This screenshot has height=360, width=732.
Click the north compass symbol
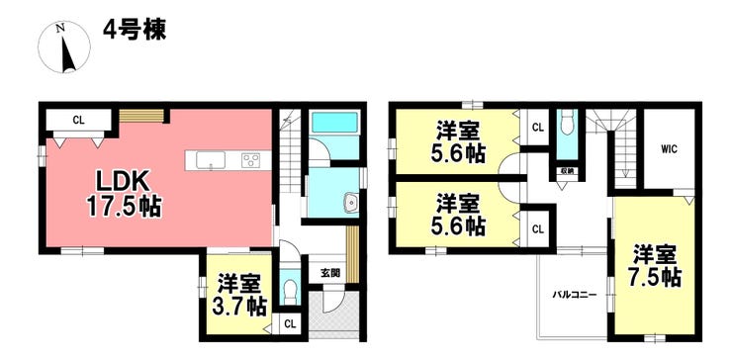point(64,47)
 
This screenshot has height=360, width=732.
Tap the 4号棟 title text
point(135,31)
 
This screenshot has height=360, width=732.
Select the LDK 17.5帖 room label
point(124,193)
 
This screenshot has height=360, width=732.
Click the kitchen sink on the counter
point(211,160)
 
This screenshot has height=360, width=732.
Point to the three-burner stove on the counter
point(251,160)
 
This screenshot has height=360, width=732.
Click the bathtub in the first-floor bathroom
point(334,123)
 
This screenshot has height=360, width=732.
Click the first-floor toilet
point(290,292)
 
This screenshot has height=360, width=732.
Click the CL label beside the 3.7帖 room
point(290,324)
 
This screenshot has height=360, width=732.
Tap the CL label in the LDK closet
point(78,120)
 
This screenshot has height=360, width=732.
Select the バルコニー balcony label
point(574,295)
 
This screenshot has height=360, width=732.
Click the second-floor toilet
point(567,123)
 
